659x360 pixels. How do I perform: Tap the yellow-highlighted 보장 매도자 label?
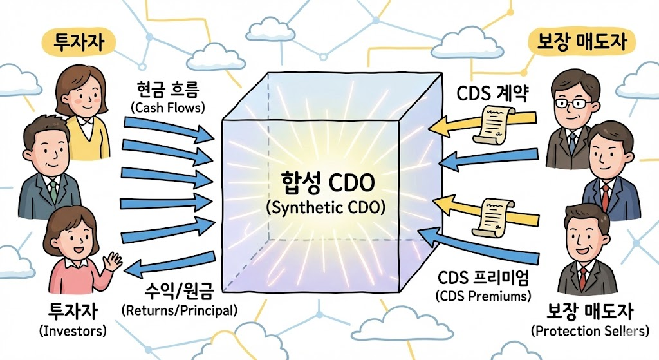point(582,43)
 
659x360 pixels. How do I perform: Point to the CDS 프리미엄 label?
point(484,279)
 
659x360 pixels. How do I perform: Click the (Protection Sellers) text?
point(589,331)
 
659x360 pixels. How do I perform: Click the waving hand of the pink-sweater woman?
point(114,261)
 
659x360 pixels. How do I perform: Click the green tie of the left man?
point(54,189)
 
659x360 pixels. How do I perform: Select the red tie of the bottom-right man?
point(582,276)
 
